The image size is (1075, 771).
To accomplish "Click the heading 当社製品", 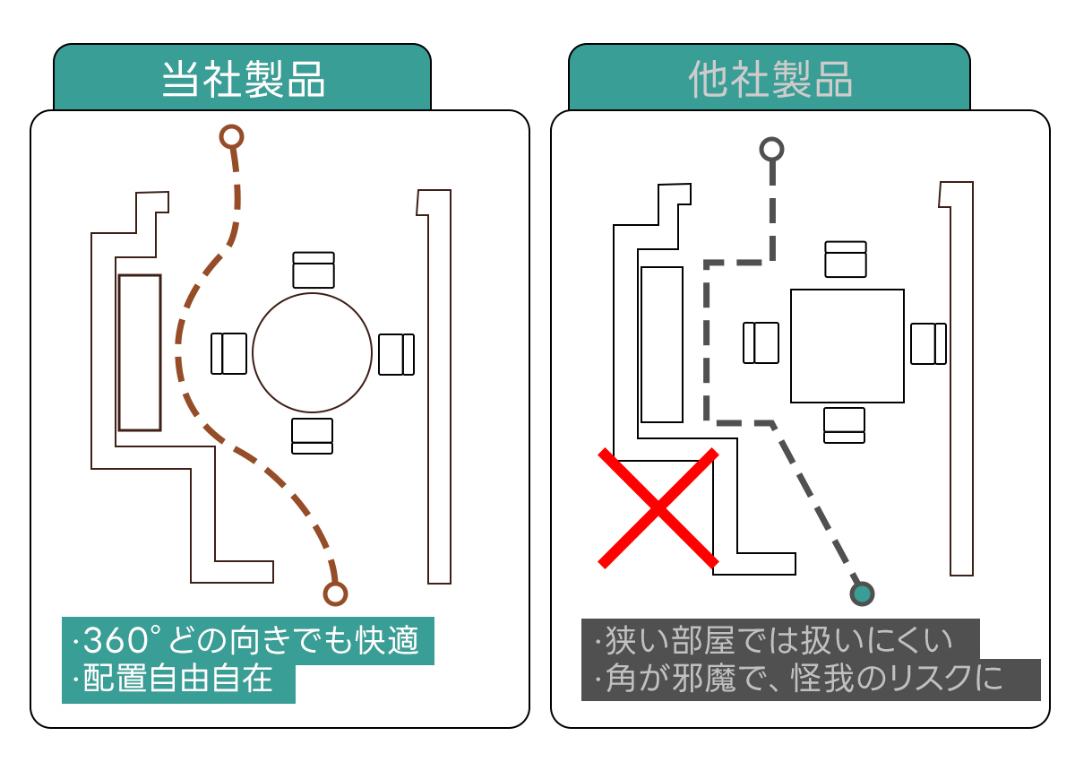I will pos(243,81).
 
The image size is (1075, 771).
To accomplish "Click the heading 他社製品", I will pos(770,81).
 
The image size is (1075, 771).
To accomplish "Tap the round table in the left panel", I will pos(312,352).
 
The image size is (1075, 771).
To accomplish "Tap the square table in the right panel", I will pos(847,345).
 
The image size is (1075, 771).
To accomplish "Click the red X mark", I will pos(658,508).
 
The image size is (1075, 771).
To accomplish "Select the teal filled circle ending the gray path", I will pos(862,593).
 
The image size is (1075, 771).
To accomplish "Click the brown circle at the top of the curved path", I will pos(232,136).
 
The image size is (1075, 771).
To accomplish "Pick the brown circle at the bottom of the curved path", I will pos(335,593).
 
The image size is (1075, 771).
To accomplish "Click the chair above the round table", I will pos(314,270).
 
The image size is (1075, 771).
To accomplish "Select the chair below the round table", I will pos(312,436).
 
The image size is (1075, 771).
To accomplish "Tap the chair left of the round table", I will pos(228,353).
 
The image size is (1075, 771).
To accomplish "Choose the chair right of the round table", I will pos(396,354).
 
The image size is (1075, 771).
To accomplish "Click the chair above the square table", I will pos(846,259).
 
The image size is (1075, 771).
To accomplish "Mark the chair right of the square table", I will pos(928,343).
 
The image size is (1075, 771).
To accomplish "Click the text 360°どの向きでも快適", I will pos(246,641).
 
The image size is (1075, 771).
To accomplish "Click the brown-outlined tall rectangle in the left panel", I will pos(140,352).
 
